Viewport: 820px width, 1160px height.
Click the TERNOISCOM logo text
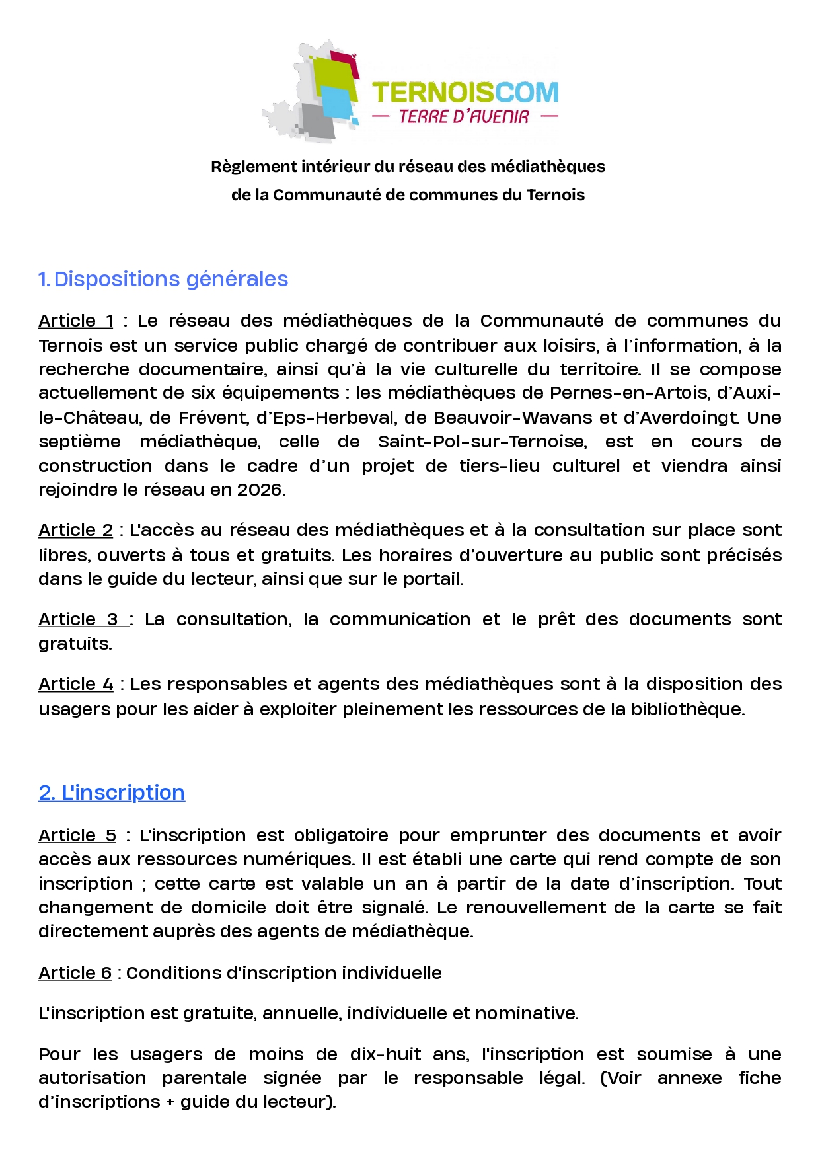coord(465,93)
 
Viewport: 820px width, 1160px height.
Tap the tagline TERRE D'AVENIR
coord(464,117)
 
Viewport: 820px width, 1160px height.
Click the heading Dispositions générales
coord(170,279)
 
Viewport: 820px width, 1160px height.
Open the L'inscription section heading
coord(112,793)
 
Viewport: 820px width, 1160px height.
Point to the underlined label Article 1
coord(75,321)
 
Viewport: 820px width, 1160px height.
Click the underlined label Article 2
coord(75,531)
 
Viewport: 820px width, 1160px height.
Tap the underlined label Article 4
coord(75,685)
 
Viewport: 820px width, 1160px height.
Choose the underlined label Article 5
coord(77,836)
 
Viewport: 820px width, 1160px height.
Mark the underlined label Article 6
coord(75,974)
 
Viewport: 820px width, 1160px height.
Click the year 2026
coord(260,490)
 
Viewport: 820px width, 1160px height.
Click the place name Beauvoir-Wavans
coord(513,418)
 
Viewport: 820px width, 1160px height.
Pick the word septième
coord(79,442)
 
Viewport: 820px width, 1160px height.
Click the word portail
coord(432,580)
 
